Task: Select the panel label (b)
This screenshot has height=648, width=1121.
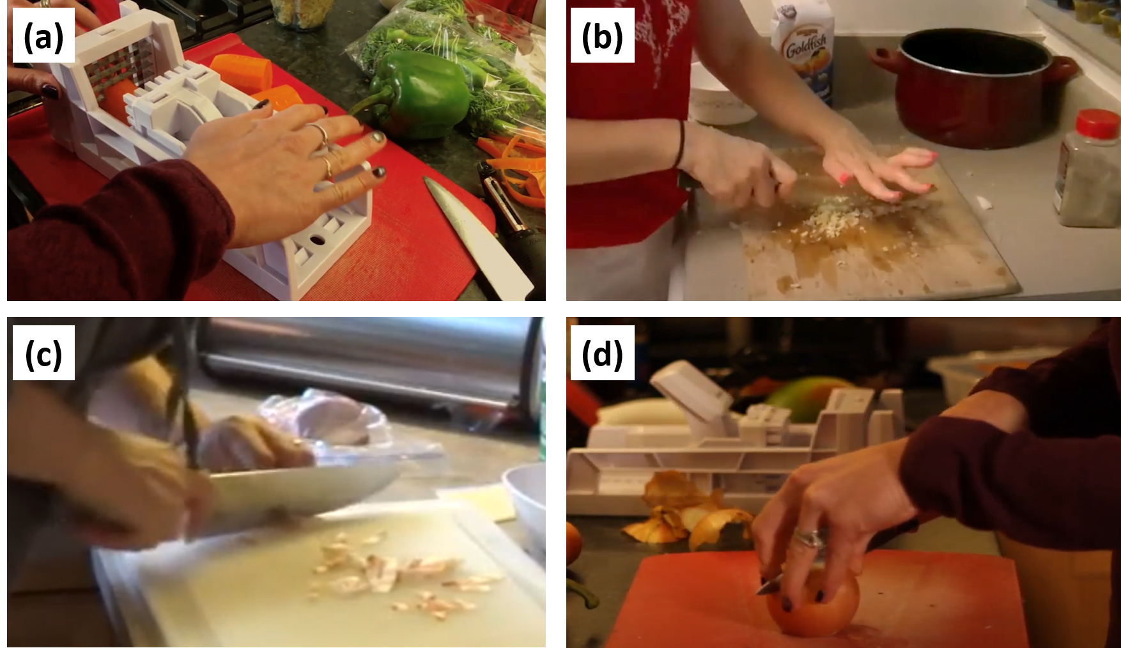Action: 602,36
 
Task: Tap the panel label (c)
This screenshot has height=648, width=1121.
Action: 43,353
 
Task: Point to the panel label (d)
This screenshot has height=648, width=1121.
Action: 602,353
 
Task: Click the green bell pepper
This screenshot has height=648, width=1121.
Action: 415,94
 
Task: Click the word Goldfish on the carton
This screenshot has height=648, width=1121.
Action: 807,46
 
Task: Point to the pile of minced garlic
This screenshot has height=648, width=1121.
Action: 824,217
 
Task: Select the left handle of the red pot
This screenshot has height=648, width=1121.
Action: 886,61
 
